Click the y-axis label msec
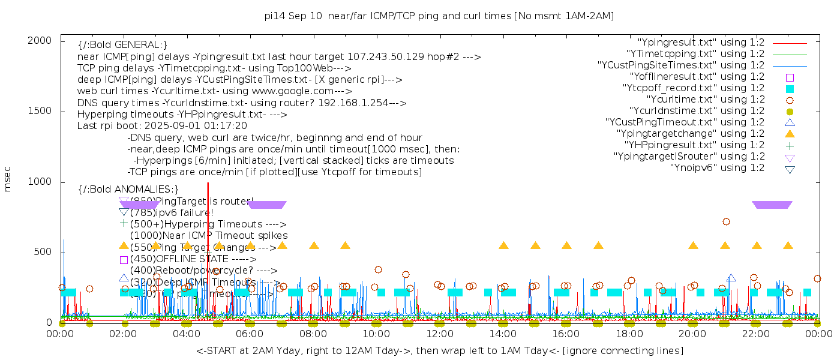tap(8, 180)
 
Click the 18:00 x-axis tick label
tap(629, 334)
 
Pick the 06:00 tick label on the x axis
tap(250, 334)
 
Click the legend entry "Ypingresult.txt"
tap(701, 43)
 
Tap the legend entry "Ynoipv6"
tap(717, 168)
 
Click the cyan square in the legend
tap(790, 89)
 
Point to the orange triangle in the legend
tap(790, 134)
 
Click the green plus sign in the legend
tap(790, 145)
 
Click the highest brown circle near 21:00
tap(726, 222)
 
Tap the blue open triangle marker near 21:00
tap(731, 278)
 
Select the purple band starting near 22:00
tap(772, 205)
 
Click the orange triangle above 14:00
tap(503, 245)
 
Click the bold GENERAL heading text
tap(122, 45)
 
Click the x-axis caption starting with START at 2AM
tap(439, 350)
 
